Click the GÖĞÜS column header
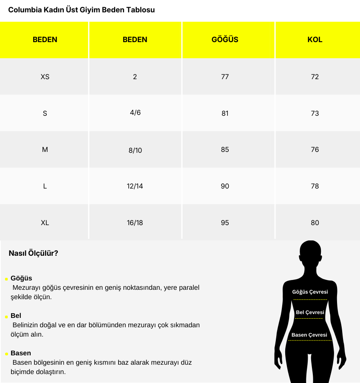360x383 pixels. click(x=225, y=40)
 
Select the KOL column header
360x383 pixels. click(x=315, y=40)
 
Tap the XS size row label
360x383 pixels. click(x=45, y=77)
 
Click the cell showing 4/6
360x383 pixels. click(x=135, y=113)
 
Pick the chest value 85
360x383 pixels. click(x=225, y=149)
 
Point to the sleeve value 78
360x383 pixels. click(x=315, y=186)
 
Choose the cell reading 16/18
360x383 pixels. click(x=135, y=223)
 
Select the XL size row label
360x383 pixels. click(x=45, y=223)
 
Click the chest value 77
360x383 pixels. click(x=225, y=77)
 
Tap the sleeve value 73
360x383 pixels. click(x=315, y=113)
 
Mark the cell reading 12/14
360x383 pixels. click(x=135, y=186)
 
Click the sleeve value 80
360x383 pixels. click(x=315, y=223)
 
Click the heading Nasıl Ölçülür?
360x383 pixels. click(x=34, y=253)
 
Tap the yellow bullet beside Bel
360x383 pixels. click(x=6, y=317)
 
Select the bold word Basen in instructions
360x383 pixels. click(x=21, y=353)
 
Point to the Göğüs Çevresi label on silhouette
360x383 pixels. click(x=310, y=292)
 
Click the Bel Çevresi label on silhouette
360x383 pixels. click(x=310, y=312)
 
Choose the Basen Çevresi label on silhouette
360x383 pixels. click(x=309, y=335)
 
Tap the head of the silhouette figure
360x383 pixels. click(x=310, y=255)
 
